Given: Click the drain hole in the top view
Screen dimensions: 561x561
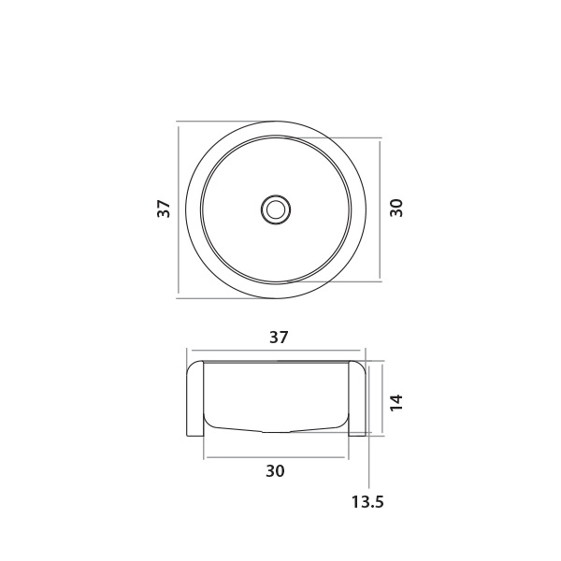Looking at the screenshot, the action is coord(276,209).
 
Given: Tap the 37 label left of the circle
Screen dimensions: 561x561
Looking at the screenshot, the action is coord(164,209).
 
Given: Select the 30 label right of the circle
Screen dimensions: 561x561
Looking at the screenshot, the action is coord(396,208).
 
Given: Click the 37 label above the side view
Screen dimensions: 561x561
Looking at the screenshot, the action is coord(279,338).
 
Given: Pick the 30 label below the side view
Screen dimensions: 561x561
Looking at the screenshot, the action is coord(275,471).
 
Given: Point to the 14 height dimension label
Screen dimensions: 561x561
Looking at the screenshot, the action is coord(396,403).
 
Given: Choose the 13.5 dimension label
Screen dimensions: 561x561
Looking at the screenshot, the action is coord(367,502).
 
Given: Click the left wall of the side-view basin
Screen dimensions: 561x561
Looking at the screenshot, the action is coord(195,398).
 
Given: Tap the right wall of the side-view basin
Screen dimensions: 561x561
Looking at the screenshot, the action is coord(357,398).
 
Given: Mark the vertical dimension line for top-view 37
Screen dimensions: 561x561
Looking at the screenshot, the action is coord(179,209).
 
